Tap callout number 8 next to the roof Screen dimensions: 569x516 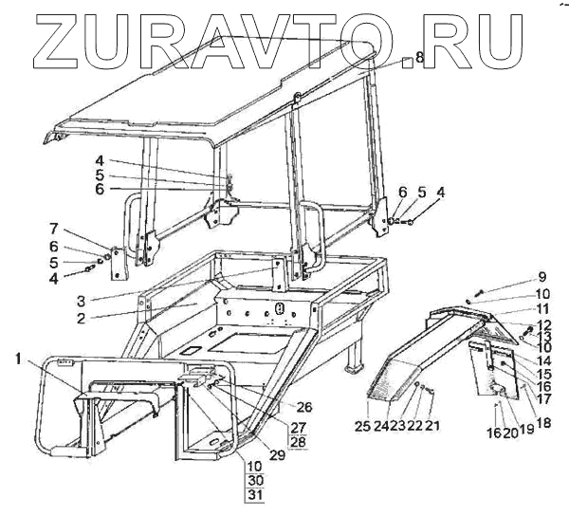pyautogui.click(x=418, y=58)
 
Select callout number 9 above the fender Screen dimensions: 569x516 pyautogui.click(x=542, y=277)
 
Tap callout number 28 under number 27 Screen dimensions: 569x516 pyautogui.click(x=299, y=443)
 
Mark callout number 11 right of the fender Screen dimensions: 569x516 pyautogui.click(x=542, y=309)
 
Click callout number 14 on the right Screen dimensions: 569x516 pyautogui.click(x=542, y=360)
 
